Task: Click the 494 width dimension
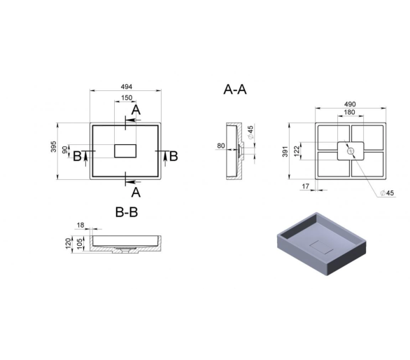click(x=127, y=87)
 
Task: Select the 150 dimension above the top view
click(x=127, y=97)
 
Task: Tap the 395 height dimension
click(x=53, y=146)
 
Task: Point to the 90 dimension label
click(x=64, y=150)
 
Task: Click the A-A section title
click(x=235, y=89)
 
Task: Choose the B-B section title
click(x=127, y=212)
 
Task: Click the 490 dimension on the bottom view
click(x=350, y=104)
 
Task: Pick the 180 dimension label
click(x=349, y=112)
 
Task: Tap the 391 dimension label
click(x=285, y=151)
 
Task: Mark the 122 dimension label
click(x=296, y=151)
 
